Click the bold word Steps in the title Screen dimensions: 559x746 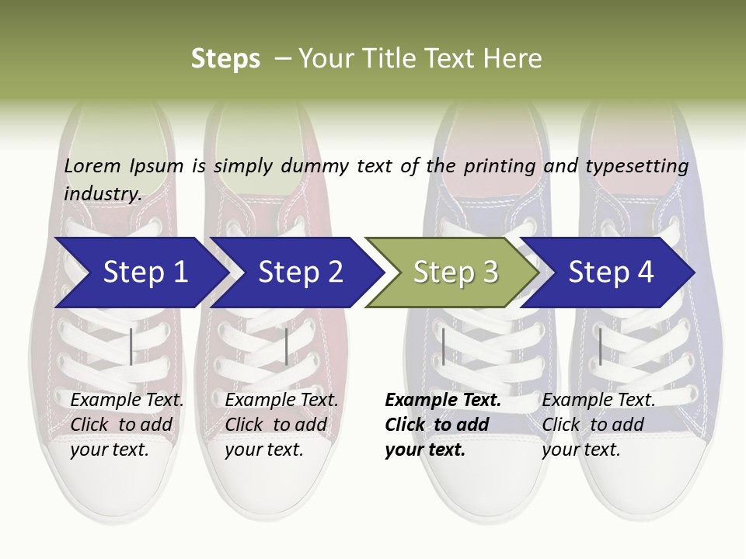point(225,59)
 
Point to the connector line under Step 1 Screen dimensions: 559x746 point(131,346)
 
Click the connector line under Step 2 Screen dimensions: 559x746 point(287,346)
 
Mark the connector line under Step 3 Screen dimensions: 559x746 point(443,346)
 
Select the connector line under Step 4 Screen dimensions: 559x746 point(600,346)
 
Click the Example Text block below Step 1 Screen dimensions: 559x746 point(127,425)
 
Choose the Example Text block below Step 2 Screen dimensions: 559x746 point(281,425)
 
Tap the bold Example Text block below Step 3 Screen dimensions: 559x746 point(443,425)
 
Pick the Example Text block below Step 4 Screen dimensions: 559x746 point(598,425)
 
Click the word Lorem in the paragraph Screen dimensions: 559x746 point(92,165)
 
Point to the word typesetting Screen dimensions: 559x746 point(636,166)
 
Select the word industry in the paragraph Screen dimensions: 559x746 point(102,194)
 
